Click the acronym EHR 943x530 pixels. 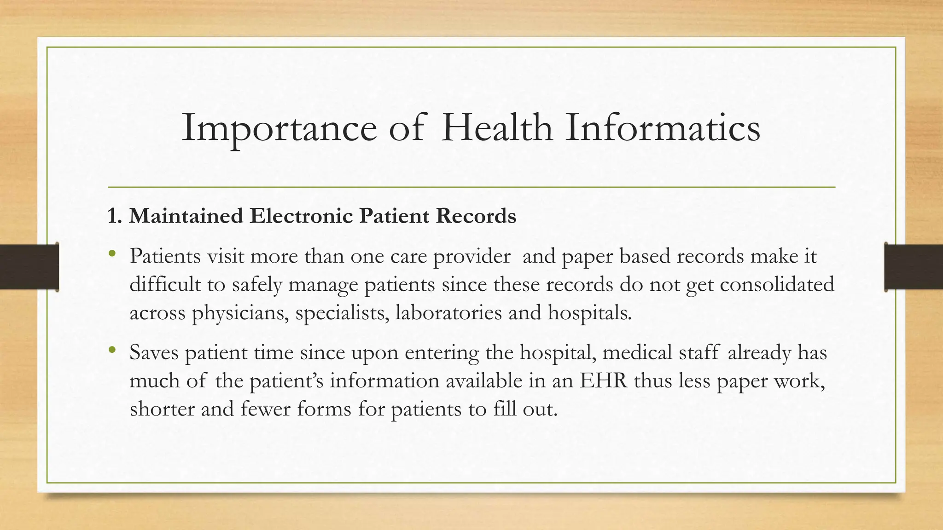coord(603,380)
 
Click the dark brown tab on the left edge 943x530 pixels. coord(29,267)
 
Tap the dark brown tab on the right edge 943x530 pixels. coord(914,267)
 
